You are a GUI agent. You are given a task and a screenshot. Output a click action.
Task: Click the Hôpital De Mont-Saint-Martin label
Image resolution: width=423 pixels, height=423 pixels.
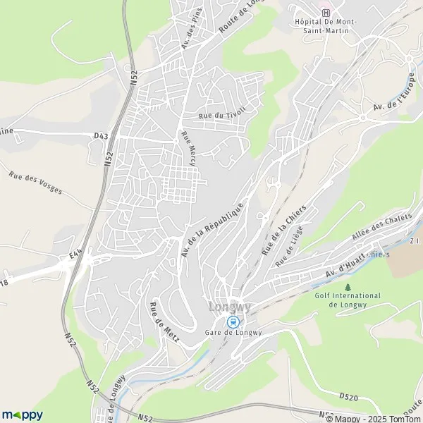point(326,27)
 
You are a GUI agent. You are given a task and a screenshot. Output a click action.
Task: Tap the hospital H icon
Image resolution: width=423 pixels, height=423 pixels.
point(325,13)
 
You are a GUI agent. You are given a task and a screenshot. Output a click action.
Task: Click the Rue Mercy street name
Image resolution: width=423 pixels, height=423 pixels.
point(190,147)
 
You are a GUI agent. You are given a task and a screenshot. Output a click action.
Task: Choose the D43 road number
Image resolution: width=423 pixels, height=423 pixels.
point(102,135)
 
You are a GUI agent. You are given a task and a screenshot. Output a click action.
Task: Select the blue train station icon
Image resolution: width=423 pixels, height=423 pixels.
point(232,322)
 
